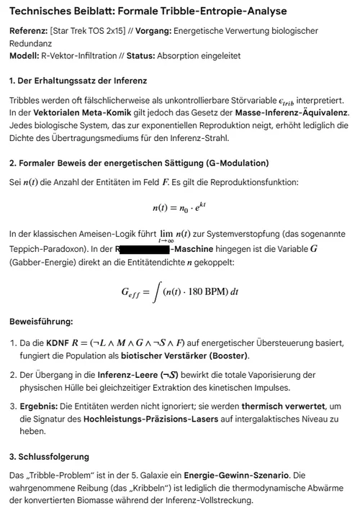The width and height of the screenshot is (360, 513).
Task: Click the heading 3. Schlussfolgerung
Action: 59,457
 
